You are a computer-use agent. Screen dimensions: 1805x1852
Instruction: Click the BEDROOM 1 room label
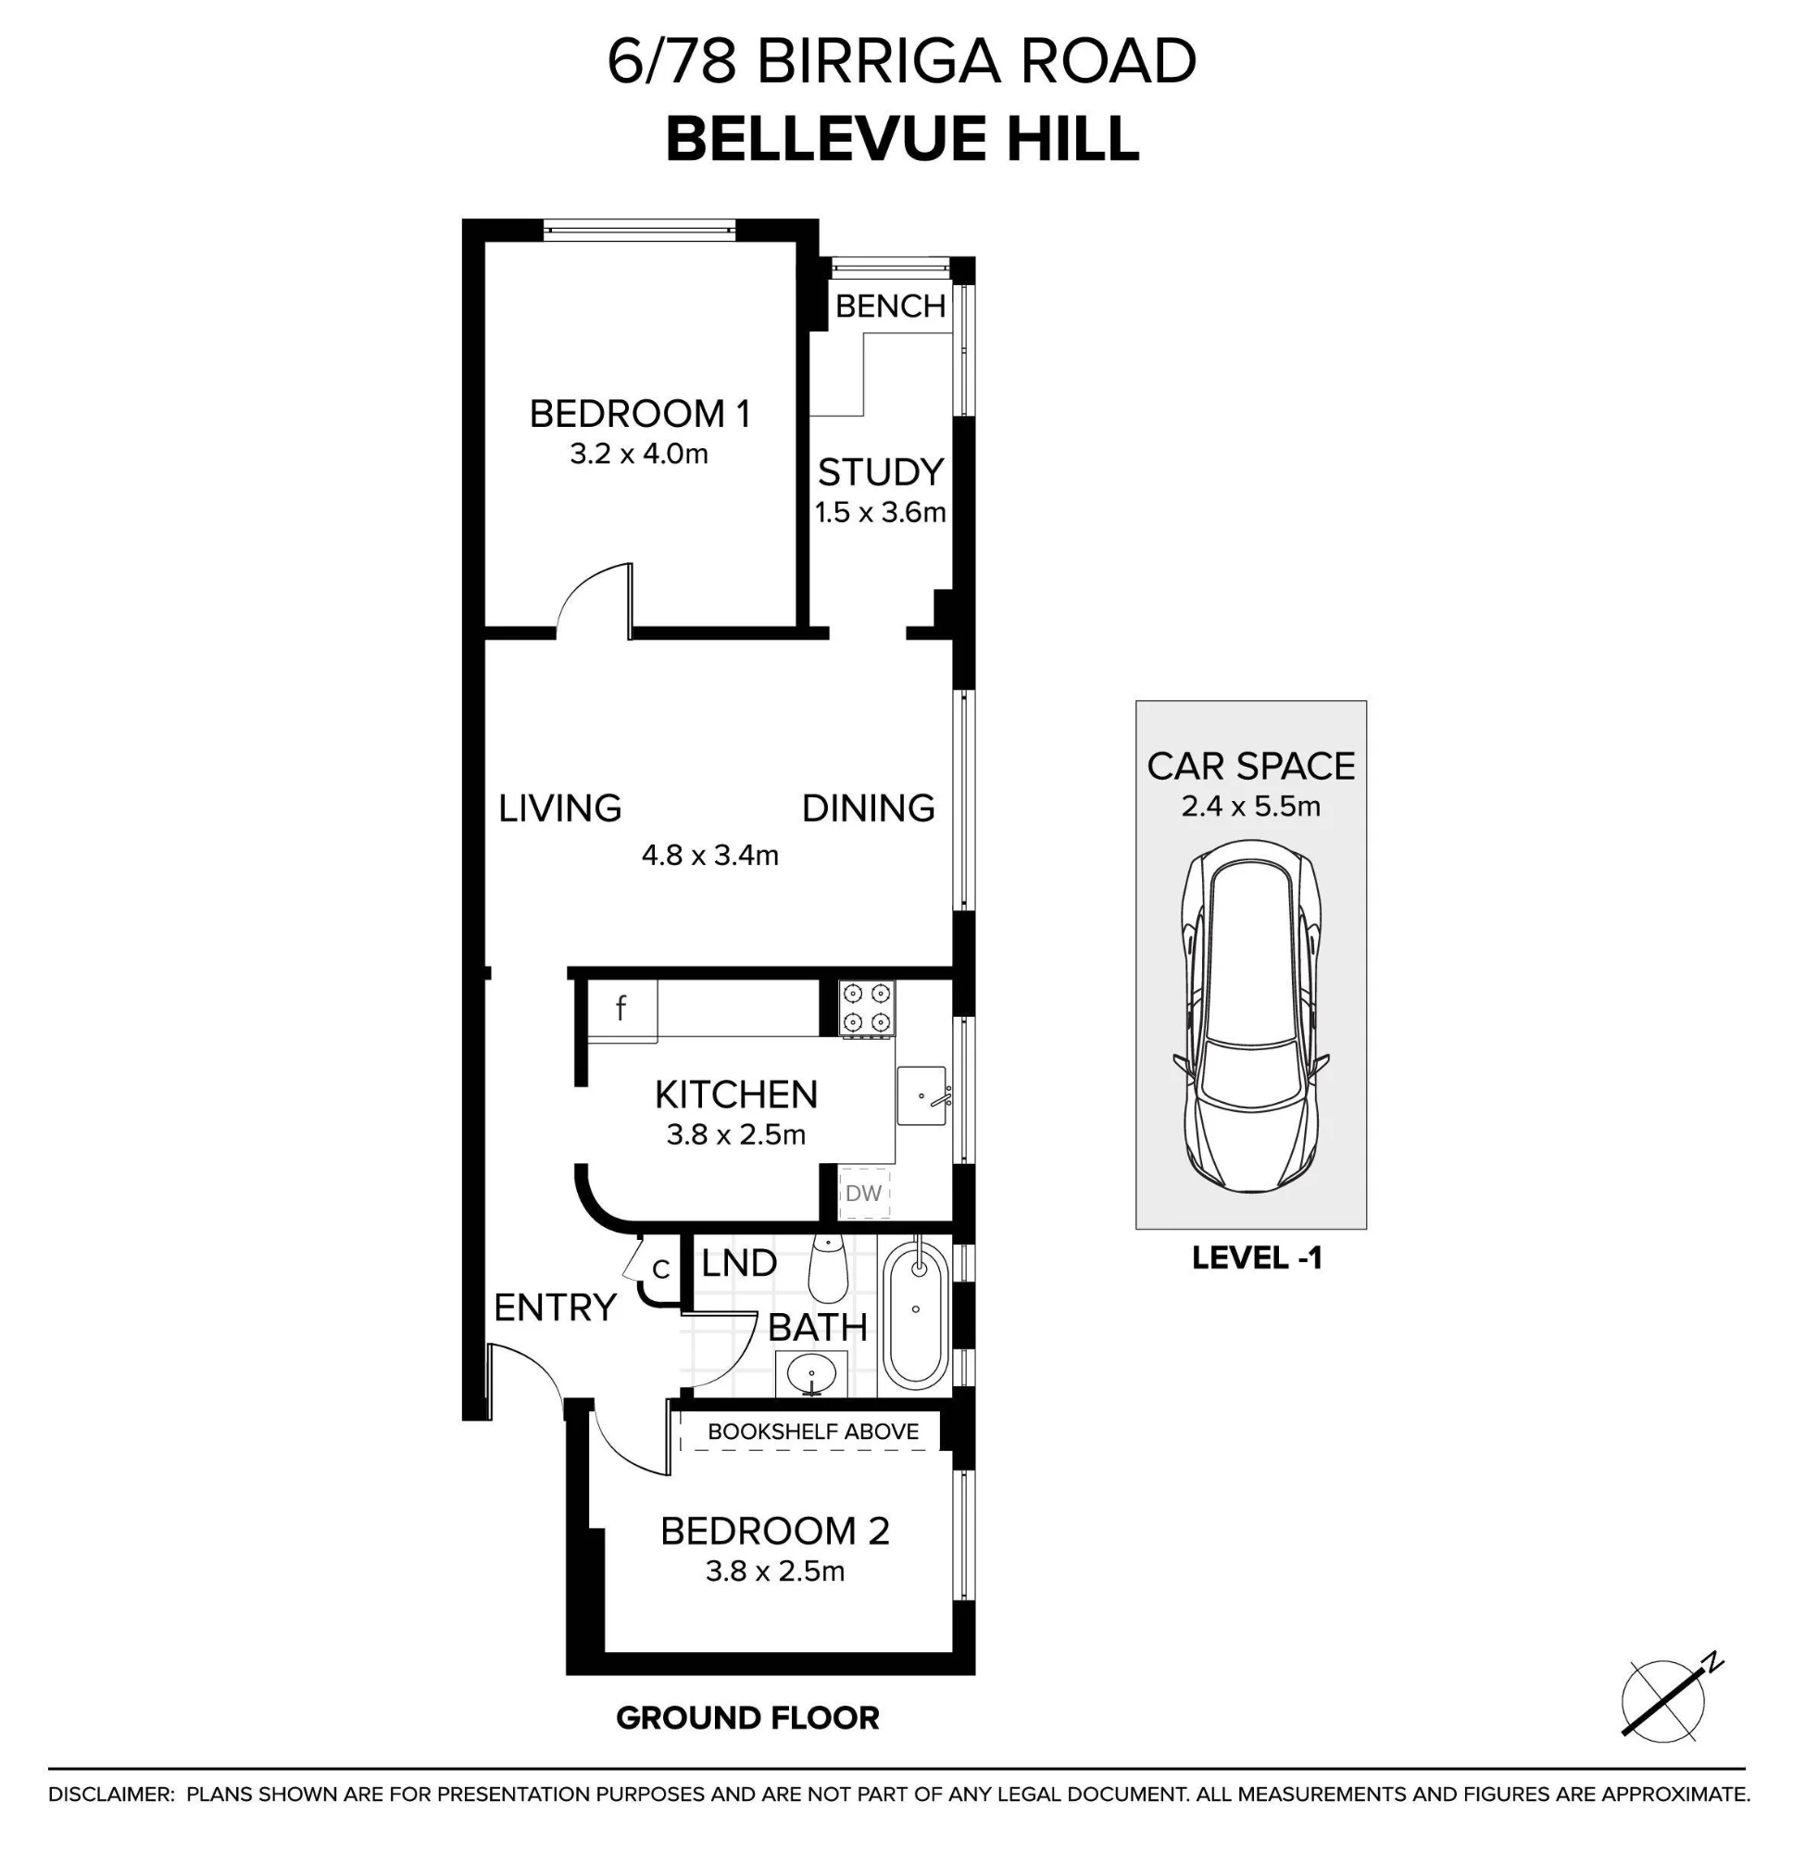click(640, 414)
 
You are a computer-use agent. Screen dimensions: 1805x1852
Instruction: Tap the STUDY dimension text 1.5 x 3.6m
click(881, 513)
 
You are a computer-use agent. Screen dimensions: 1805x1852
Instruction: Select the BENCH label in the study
click(890, 307)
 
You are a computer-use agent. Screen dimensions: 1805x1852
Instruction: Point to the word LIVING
click(560, 808)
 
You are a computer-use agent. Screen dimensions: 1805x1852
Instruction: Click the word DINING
click(869, 808)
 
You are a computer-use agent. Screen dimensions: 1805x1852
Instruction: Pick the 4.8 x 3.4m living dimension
click(710, 856)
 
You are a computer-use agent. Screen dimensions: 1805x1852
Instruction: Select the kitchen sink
click(921, 1096)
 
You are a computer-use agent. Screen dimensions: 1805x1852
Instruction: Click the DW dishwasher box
click(864, 1193)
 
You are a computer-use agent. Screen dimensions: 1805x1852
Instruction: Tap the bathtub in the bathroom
click(916, 1314)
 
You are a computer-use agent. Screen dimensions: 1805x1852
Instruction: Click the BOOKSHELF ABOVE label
click(813, 1432)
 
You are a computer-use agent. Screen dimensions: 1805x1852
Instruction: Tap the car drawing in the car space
click(1251, 1018)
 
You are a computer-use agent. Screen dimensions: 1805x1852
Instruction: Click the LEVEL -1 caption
click(1256, 1258)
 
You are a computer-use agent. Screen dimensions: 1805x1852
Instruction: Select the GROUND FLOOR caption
click(748, 1719)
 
